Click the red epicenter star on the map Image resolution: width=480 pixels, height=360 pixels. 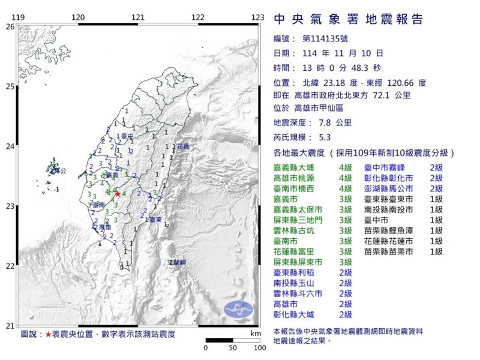coord(118,194)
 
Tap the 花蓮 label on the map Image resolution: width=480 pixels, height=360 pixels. coord(183,146)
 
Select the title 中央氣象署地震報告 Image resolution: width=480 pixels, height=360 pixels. coord(348,20)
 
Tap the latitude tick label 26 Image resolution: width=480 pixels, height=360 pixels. coord(10,27)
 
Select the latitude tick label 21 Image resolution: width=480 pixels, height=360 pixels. coord(10,325)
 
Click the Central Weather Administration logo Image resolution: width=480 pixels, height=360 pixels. coord(238,309)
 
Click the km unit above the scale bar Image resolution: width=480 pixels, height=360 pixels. coord(256,332)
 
